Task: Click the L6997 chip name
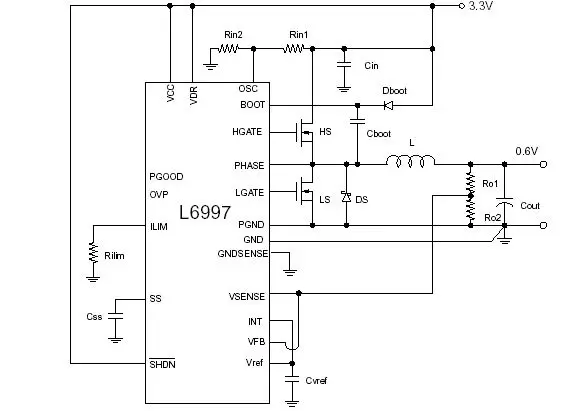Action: (205, 212)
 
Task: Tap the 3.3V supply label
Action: (481, 6)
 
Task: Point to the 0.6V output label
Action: (526, 151)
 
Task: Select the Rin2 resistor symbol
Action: (229, 49)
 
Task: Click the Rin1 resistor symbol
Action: (294, 49)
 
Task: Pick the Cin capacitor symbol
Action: (344, 65)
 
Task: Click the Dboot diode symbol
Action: (388, 105)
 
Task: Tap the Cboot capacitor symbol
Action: (357, 121)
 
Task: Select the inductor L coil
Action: (410, 161)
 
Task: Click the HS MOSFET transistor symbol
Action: (305, 132)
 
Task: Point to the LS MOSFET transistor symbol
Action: (305, 192)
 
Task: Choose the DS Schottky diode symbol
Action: (346, 197)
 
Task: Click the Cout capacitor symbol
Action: (504, 202)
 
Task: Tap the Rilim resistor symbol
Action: (94, 252)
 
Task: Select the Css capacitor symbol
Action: (115, 316)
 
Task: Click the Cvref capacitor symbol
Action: (292, 380)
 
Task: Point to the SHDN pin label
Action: (162, 364)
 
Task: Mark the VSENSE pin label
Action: (247, 296)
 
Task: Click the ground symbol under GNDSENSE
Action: (290, 273)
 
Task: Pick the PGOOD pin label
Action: (166, 177)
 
